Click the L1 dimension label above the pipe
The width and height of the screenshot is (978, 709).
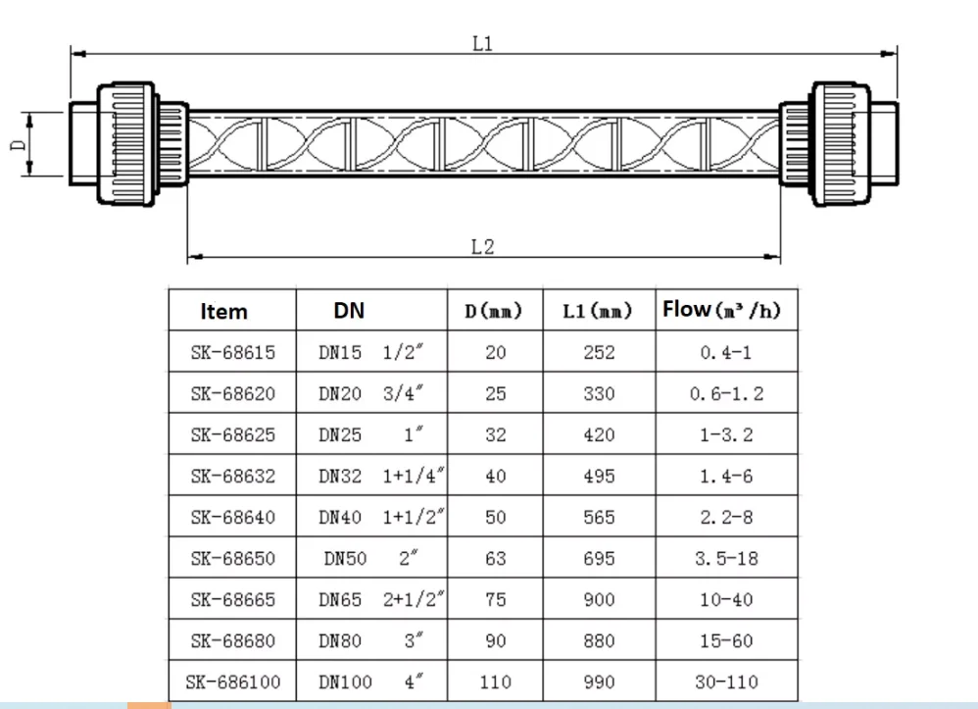tap(481, 44)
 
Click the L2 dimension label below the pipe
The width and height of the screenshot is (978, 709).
tap(482, 247)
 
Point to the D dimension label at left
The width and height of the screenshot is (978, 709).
tap(18, 144)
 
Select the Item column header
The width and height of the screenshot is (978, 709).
tap(223, 312)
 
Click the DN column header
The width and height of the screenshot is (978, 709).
tap(349, 311)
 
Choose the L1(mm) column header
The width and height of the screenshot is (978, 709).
tap(598, 312)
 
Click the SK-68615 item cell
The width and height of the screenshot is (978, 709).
tap(233, 353)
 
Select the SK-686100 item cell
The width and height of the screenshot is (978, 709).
tap(233, 682)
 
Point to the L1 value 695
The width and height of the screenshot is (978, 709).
tap(599, 558)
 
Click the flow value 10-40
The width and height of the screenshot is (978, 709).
tap(726, 599)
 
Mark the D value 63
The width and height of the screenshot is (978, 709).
tap(496, 558)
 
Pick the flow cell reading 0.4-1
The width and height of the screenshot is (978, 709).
tap(726, 353)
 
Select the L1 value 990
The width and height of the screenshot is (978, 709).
tap(599, 682)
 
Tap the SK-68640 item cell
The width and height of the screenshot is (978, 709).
tap(233, 517)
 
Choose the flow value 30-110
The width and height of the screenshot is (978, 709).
tap(726, 682)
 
